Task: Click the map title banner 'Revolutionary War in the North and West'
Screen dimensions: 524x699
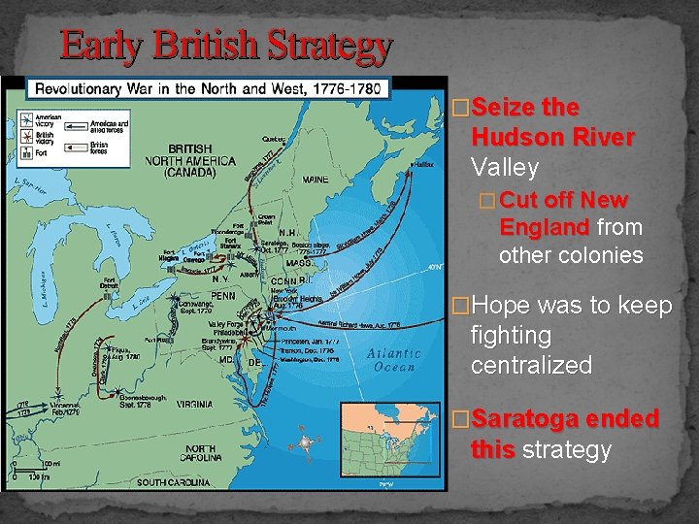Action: click(210, 89)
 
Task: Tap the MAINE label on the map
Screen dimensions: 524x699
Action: click(315, 180)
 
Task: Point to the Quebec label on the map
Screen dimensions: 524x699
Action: click(274, 139)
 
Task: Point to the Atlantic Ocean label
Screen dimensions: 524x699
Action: click(394, 360)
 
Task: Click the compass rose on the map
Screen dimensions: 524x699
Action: click(307, 442)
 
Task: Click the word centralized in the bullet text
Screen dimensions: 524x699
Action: click(531, 366)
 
